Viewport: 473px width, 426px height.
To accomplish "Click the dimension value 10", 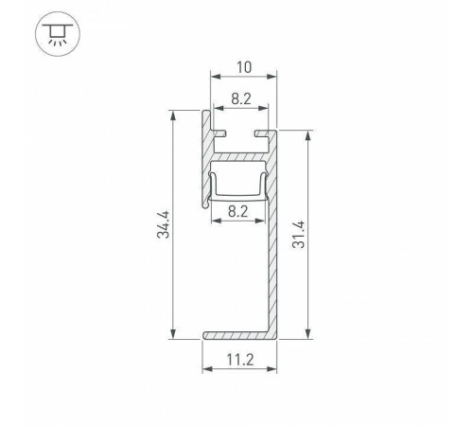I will coord(244,66).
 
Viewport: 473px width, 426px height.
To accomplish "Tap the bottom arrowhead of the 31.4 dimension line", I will coord(309,333).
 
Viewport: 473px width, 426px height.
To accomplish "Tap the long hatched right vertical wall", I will coord(272,256).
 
